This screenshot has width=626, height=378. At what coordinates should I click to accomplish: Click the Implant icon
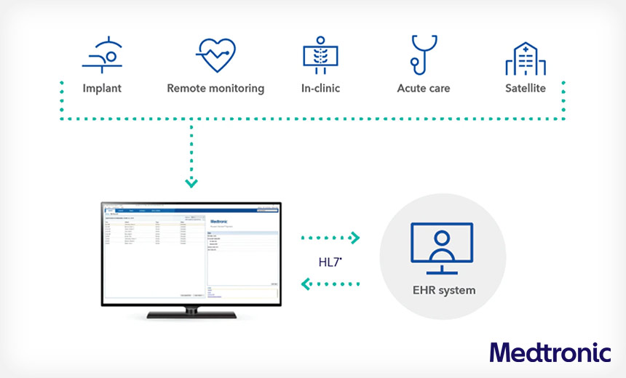click(x=101, y=55)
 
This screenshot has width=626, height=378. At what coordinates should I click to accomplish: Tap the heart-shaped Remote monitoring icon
click(x=215, y=55)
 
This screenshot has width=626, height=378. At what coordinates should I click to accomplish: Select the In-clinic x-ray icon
click(x=321, y=55)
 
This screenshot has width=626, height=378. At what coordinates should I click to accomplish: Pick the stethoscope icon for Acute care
click(x=423, y=55)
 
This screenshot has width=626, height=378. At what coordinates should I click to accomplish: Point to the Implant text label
click(x=102, y=89)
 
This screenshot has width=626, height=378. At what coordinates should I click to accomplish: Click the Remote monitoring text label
click(x=215, y=89)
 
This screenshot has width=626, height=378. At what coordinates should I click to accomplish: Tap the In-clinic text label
click(x=321, y=89)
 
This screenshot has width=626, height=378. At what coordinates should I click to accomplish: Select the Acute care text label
click(x=423, y=89)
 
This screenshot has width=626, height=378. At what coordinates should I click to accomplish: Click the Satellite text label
click(x=526, y=89)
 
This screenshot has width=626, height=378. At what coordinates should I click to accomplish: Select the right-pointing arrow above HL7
click(x=354, y=237)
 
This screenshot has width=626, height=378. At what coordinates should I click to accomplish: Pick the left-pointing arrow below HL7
click(x=307, y=283)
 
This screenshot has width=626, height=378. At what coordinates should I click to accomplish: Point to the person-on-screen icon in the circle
click(x=443, y=248)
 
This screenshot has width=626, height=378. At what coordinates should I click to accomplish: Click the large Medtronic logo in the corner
click(x=549, y=352)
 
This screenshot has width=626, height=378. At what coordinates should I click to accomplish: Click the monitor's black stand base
click(x=190, y=315)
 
